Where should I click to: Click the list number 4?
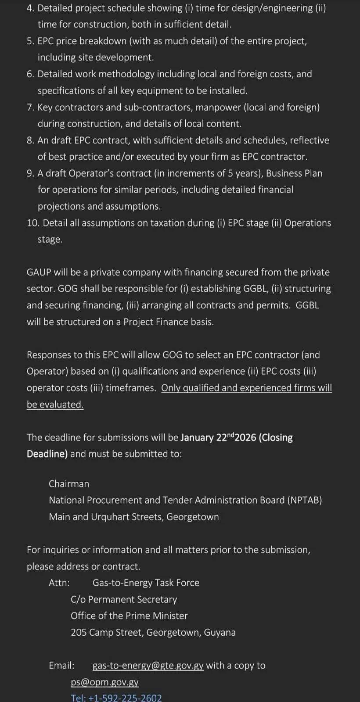30,8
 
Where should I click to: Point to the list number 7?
30,107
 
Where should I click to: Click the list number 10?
32,223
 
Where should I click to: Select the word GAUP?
39,272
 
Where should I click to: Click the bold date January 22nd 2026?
218,437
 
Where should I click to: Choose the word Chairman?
69,484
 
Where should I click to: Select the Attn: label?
59,583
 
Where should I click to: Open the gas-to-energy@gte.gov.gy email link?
148,666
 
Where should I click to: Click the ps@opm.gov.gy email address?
104,682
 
